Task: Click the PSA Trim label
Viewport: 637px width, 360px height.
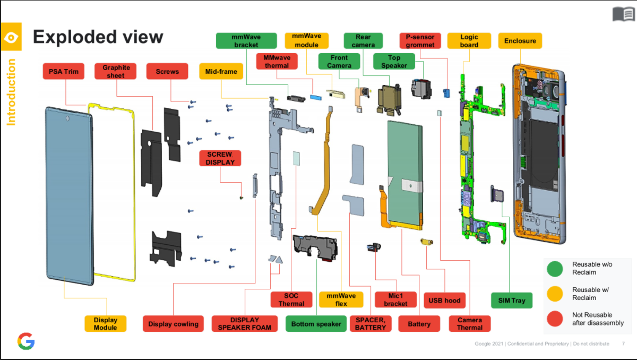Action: [x=63, y=71]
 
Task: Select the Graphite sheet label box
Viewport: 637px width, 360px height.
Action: [x=115, y=71]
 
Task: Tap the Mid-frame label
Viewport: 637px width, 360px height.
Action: [x=221, y=71]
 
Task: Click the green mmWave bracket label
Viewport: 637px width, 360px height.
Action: [x=246, y=41]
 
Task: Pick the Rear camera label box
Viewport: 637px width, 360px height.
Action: [x=363, y=41]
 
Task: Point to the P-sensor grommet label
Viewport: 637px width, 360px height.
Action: [x=420, y=41]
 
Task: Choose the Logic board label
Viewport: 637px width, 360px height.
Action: [x=469, y=41]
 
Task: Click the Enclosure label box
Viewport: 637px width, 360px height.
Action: [x=520, y=41]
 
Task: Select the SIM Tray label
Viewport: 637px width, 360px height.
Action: [x=511, y=301]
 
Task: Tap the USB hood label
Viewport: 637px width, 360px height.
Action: [x=445, y=301]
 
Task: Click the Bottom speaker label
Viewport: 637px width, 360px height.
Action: [x=316, y=324]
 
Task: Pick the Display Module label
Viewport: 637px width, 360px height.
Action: [x=105, y=324]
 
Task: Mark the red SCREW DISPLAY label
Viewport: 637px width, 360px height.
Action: [x=220, y=158]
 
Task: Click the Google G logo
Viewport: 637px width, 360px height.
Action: [x=26, y=341]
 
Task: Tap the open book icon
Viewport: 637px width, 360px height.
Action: [x=623, y=15]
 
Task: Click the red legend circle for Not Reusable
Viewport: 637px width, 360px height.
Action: [x=555, y=319]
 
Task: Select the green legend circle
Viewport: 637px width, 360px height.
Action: [x=555, y=269]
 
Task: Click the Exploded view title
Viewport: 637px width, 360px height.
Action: [x=98, y=37]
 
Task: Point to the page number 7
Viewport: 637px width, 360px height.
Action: [x=623, y=344]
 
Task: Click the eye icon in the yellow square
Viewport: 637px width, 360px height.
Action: [x=11, y=37]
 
